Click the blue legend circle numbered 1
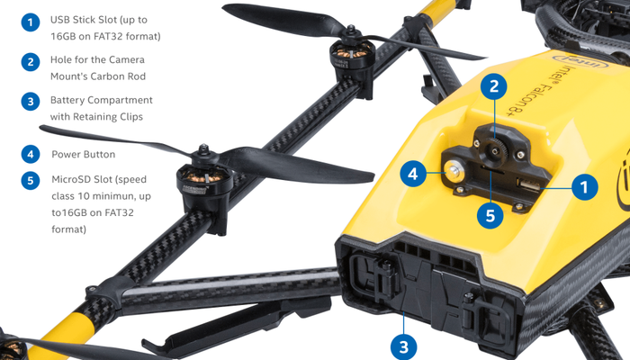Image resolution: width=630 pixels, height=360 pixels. pos(31,22)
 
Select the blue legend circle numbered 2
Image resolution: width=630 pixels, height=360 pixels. pos(31,62)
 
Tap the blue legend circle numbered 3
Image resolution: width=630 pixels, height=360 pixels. pos(31,102)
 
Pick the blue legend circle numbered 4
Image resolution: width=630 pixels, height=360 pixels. pos(31,154)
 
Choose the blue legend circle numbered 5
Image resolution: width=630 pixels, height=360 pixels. pos(31,181)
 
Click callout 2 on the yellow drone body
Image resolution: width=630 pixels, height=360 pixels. pos(494,86)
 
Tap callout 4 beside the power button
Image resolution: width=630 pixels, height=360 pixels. pos(413,174)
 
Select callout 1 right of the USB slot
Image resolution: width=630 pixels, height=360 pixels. pos(584,186)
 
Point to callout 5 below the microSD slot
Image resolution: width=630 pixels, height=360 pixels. pos(490,215)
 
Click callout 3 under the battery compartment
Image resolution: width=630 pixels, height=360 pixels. pos(404,347)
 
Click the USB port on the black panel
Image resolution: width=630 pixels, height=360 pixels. pos(528,185)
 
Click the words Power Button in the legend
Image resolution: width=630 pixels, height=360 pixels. pos(83,154)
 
